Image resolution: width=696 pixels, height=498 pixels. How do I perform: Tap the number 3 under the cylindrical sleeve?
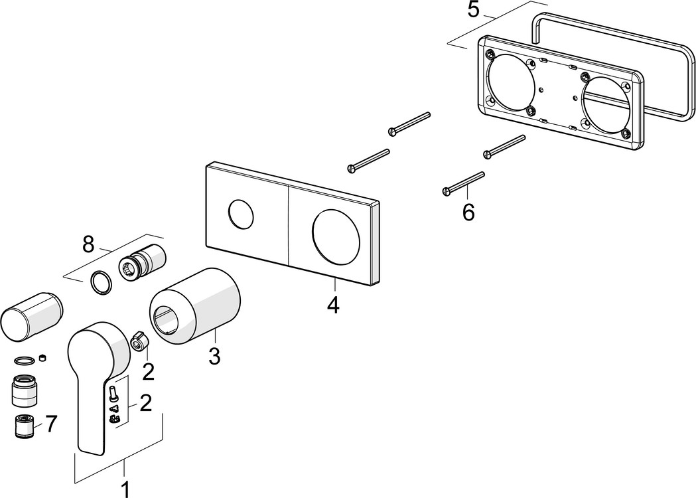click(214, 356)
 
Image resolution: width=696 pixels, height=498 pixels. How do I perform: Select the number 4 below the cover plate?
click(333, 305)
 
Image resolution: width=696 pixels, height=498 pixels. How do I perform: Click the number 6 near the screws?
click(468, 212)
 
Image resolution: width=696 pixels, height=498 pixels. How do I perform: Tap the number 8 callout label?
click(88, 244)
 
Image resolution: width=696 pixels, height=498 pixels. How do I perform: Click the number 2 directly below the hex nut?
click(148, 371)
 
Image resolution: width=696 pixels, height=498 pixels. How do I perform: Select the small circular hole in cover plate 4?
click(239, 214)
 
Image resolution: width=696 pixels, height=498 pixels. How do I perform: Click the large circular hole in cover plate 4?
click(334, 235)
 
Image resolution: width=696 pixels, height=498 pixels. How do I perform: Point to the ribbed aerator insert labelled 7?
click(25, 425)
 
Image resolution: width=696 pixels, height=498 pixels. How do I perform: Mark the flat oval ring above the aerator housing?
click(24, 361)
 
